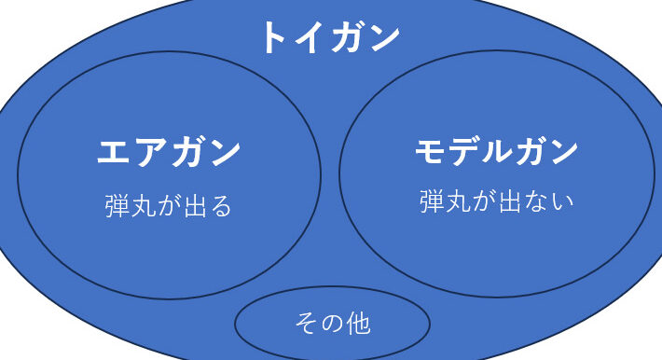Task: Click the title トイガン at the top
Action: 331,38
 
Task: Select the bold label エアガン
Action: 169,152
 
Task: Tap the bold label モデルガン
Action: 496,151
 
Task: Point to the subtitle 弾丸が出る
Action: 169,206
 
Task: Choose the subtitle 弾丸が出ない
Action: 496,201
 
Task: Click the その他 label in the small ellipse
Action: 333,324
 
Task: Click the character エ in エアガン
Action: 113,152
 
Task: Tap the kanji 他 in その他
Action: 358,324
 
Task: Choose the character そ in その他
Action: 306,324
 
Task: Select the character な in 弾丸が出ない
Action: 536,201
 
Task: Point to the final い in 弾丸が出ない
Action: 563,202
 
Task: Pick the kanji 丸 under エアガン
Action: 144,206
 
